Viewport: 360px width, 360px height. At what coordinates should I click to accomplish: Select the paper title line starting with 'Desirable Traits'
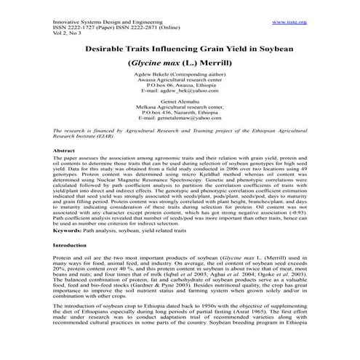179,48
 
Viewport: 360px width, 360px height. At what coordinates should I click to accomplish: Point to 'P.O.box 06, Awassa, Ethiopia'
179,85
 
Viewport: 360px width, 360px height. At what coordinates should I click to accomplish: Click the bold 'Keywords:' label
67,230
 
